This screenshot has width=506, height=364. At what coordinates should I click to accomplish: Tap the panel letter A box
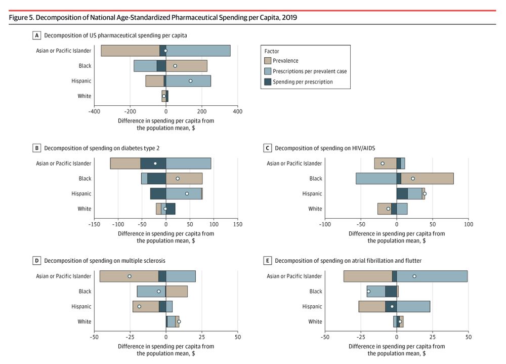click(x=36, y=35)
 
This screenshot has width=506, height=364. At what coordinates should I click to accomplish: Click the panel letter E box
click(x=267, y=261)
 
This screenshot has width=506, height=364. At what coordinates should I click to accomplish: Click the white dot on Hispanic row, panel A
click(x=190, y=81)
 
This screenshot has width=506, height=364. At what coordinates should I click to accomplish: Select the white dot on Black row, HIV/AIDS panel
click(x=413, y=178)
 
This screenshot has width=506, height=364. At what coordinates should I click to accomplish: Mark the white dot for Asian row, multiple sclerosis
click(x=130, y=276)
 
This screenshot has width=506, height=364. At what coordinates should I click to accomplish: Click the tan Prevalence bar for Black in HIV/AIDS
click(x=427, y=178)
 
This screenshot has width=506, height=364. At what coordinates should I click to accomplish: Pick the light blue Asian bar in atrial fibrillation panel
click(x=432, y=276)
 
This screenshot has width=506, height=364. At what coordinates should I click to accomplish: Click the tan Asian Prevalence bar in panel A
click(x=130, y=51)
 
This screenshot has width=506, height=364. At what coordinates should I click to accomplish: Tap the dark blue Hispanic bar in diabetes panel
click(x=158, y=193)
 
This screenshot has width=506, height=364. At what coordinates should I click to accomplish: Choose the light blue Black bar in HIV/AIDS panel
click(x=376, y=178)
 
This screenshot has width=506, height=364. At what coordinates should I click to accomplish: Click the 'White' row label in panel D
click(x=85, y=321)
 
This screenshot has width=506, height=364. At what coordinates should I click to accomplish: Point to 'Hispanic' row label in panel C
click(x=312, y=193)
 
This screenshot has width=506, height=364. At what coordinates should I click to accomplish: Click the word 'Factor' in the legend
click(x=272, y=51)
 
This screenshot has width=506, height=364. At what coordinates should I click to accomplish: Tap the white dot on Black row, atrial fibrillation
click(x=368, y=291)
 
